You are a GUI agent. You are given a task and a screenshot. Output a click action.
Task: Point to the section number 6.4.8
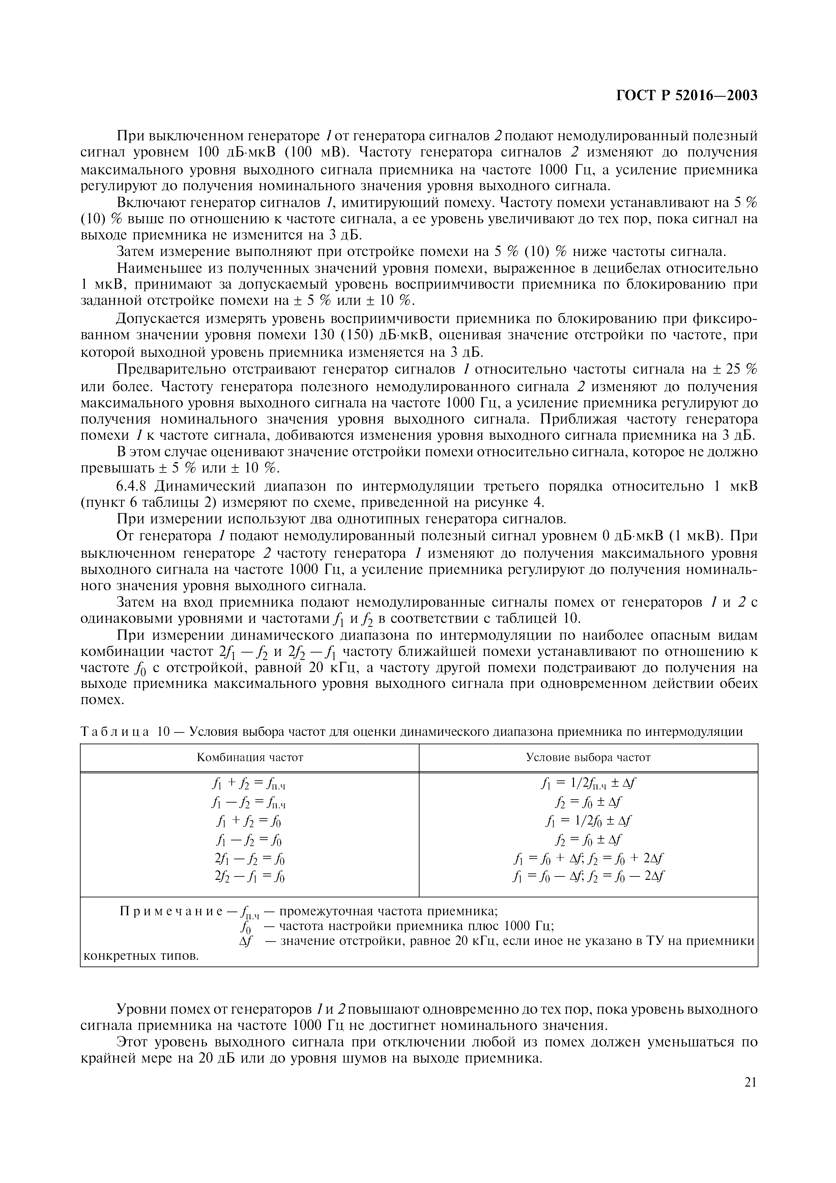point(133,486)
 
